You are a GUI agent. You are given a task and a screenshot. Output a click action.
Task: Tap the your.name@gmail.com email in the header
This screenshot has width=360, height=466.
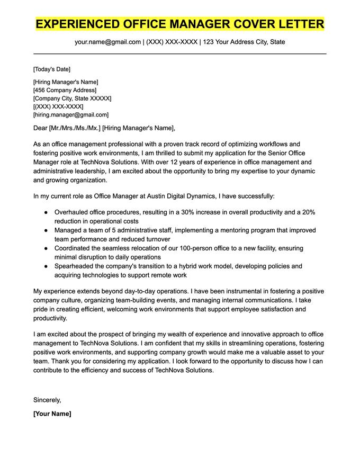(108, 42)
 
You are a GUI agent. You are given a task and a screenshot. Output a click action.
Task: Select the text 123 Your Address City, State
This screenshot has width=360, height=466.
(244, 42)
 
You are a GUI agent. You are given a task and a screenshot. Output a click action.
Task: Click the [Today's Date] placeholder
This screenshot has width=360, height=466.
(51, 69)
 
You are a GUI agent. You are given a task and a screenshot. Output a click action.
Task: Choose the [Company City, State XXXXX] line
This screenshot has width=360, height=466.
(72, 98)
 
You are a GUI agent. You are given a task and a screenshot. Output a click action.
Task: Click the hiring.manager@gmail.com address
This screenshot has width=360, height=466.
(71, 114)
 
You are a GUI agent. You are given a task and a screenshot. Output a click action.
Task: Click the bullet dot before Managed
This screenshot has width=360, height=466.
(46, 230)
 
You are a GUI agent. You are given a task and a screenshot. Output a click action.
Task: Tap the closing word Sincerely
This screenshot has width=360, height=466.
(47, 400)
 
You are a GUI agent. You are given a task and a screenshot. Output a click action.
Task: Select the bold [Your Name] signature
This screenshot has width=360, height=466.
(52, 414)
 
